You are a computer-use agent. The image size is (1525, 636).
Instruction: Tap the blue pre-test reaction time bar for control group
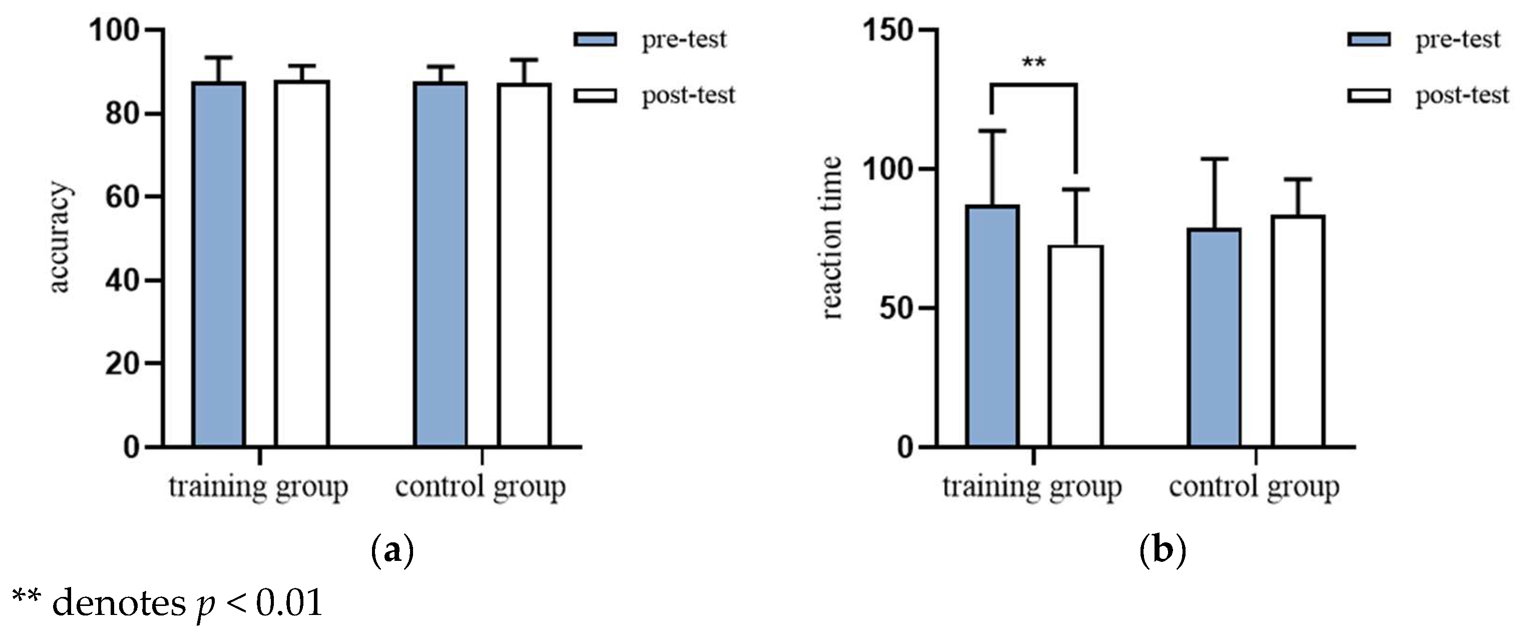(x=1214, y=338)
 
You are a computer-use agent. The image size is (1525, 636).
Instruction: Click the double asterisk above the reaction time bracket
(x=1034, y=62)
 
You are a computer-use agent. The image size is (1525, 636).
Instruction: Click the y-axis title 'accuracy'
(x=59, y=237)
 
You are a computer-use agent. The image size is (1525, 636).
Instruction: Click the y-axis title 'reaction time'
(x=832, y=237)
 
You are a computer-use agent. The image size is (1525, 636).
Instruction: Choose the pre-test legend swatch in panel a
(x=595, y=40)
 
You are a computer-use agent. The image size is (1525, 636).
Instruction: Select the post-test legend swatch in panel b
(x=1369, y=95)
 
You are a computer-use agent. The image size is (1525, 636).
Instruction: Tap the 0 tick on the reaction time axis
(x=906, y=448)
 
